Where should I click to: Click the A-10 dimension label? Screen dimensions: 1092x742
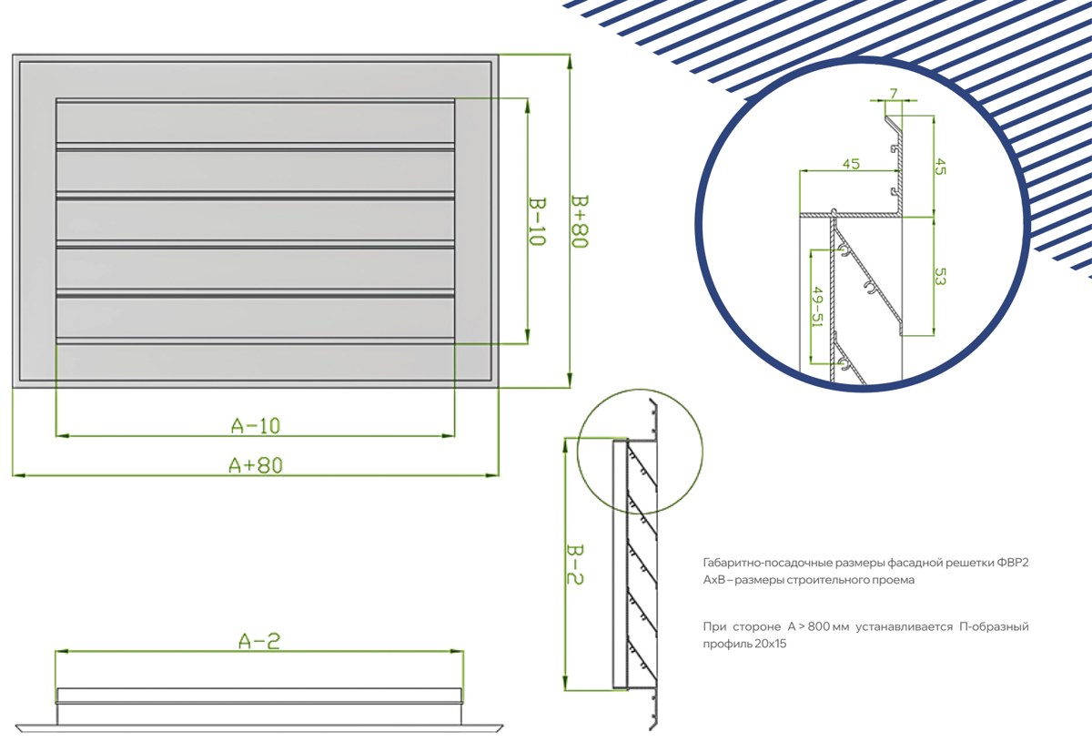coord(256,426)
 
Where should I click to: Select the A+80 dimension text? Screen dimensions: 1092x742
coord(256,465)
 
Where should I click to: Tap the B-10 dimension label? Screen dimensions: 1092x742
coord(537,221)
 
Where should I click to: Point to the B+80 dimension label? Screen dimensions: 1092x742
coord(580,221)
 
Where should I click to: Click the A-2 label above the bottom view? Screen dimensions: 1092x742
coord(259,641)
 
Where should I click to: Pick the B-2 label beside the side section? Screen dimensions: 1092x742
coord(575,564)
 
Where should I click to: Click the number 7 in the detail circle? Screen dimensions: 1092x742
coord(894,93)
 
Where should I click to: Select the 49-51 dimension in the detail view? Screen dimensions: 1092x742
coord(818,307)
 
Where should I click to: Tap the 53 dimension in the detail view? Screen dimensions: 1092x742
coord(940,277)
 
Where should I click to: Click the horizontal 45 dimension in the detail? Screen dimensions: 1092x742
coord(851,164)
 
